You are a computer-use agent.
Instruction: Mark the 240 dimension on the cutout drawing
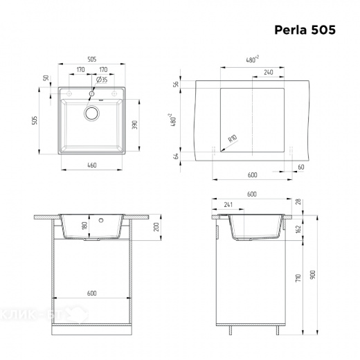coord(268,72)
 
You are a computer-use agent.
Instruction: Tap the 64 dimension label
coord(177,156)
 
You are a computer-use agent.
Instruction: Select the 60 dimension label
coord(300,167)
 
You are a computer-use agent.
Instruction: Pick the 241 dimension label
coord(228,204)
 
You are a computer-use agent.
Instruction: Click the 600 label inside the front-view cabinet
coord(91,293)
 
